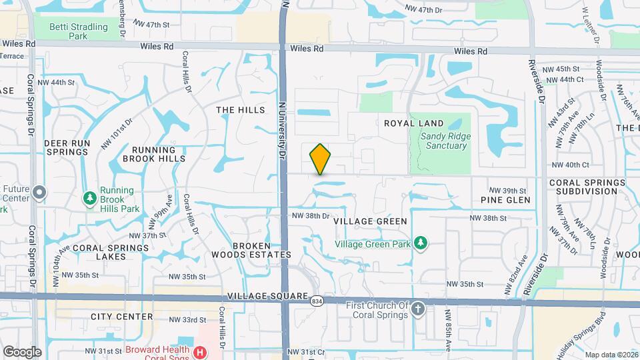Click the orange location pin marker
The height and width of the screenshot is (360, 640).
[x=320, y=159]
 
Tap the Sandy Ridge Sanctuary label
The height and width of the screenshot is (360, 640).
[x=445, y=141]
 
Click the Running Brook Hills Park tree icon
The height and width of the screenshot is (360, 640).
[x=89, y=198]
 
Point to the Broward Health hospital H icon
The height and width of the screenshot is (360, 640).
[x=199, y=351]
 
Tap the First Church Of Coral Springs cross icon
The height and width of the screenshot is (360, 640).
[x=418, y=309]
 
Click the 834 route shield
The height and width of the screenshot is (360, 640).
[x=317, y=301]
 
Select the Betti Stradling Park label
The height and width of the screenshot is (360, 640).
[x=78, y=31]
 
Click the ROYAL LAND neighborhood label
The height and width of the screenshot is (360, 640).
[x=414, y=123]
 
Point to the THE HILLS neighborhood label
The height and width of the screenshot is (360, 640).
[x=241, y=110]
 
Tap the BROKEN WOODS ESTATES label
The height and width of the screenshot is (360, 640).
[x=251, y=250]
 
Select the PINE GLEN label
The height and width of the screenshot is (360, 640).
[x=505, y=200]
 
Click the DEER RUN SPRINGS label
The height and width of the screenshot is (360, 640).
[x=67, y=147]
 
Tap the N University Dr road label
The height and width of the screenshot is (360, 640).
[x=282, y=130]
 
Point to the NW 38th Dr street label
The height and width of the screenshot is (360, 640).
[x=311, y=216]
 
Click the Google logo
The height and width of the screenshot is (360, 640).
[x=22, y=352]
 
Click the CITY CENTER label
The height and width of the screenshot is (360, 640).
[x=122, y=317]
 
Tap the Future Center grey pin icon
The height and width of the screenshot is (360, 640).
[x=39, y=193]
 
